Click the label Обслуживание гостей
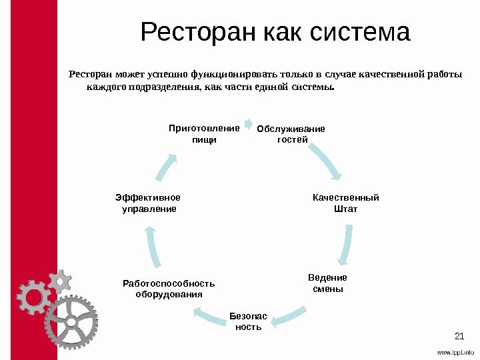[x=291, y=134]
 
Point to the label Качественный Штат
[x=345, y=203]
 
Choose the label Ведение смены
[x=327, y=283]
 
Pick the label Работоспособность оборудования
[x=169, y=289]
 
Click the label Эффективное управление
[x=147, y=203]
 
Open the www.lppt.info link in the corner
[x=455, y=352]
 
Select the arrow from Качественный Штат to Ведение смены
[x=347, y=244]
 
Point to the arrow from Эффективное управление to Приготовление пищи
[x=167, y=167]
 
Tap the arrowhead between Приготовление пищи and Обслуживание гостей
[x=248, y=123]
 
